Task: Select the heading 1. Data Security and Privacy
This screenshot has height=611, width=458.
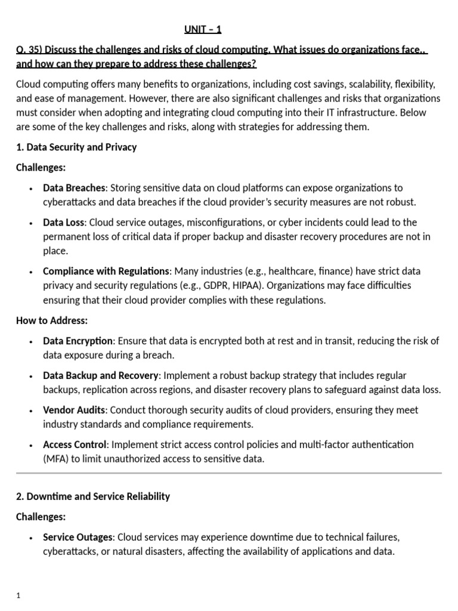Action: click(76, 147)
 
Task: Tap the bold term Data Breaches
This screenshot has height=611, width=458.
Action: click(74, 187)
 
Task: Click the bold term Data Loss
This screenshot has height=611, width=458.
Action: click(64, 222)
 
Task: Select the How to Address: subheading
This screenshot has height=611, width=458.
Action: click(52, 320)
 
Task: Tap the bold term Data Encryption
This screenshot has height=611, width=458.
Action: click(78, 341)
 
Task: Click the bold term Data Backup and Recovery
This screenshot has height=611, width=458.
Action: click(101, 375)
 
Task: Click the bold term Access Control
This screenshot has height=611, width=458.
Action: click(75, 445)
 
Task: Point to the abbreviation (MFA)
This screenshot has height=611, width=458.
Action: click(57, 459)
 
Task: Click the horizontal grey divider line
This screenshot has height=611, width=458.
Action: click(229, 473)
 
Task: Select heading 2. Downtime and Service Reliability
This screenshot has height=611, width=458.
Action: click(93, 496)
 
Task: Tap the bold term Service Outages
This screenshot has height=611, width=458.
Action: click(77, 537)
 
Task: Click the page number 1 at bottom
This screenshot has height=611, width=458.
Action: click(18, 595)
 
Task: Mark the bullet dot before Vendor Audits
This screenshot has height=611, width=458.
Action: click(31, 411)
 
